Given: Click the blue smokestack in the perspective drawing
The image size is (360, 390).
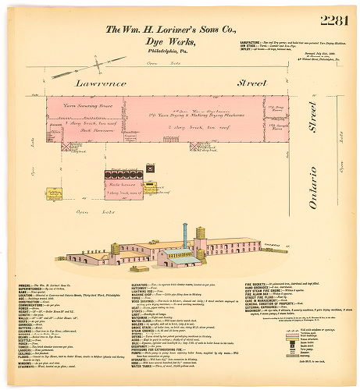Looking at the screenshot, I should (x=185, y=237).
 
